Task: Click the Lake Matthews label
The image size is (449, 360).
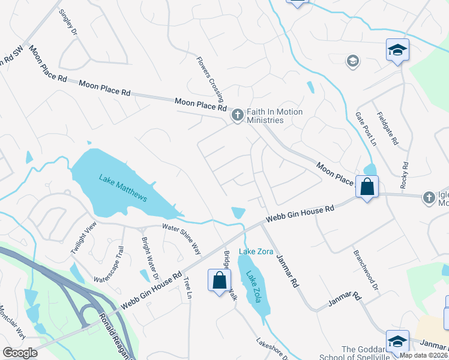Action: point(123,188)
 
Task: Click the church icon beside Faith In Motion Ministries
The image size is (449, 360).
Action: point(237,114)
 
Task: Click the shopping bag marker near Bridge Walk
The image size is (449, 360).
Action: point(219,280)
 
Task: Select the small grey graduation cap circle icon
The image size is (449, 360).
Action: point(353,61)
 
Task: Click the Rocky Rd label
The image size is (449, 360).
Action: point(405,173)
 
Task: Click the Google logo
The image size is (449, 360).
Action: point(20,353)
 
